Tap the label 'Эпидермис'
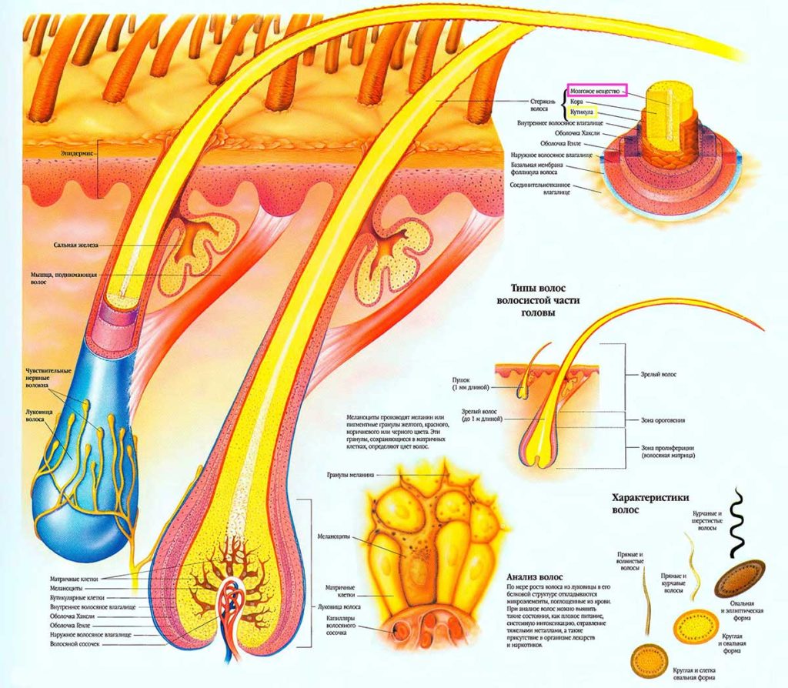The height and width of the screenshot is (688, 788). tap(77, 153)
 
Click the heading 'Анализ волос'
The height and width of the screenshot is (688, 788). tap(535, 577)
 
